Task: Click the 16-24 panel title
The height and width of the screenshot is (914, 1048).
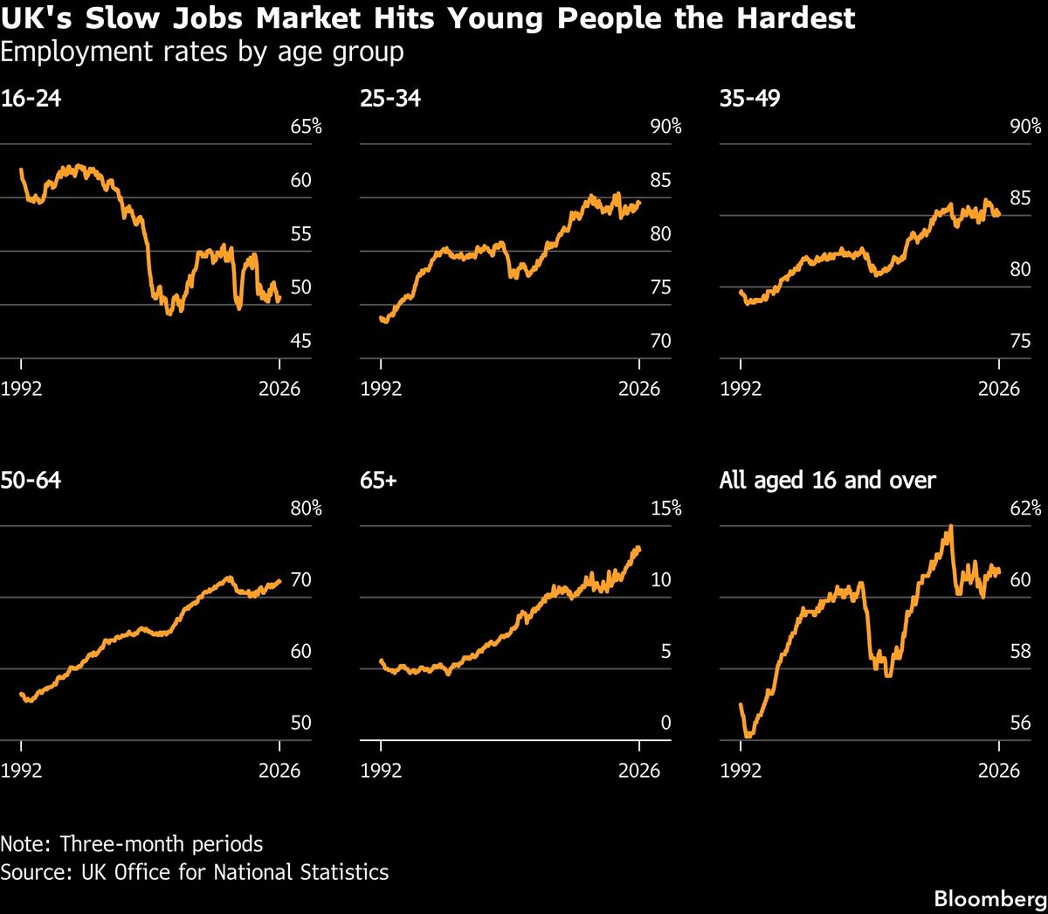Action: (x=31, y=98)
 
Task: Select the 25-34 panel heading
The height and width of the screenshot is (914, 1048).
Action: (x=390, y=98)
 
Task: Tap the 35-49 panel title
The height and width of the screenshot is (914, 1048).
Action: (x=750, y=98)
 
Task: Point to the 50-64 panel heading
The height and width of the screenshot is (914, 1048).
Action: (x=31, y=480)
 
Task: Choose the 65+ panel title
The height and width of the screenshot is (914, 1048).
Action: (x=378, y=480)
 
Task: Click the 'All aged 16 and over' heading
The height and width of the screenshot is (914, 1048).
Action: (x=828, y=481)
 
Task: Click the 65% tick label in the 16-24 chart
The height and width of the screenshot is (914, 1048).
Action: (x=307, y=126)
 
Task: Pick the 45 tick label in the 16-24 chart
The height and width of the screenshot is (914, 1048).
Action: (x=300, y=341)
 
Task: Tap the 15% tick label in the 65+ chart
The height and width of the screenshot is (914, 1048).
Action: (x=665, y=509)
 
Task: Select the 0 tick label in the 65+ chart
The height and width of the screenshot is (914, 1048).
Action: (x=665, y=723)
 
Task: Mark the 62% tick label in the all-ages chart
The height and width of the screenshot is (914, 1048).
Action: (x=1025, y=509)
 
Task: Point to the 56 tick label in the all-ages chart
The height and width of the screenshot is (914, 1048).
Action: (x=1020, y=723)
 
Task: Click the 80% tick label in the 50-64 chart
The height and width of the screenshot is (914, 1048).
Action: (x=307, y=509)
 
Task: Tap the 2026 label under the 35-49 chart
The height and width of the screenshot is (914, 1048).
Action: (x=999, y=389)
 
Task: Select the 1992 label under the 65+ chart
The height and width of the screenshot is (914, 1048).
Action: (x=381, y=771)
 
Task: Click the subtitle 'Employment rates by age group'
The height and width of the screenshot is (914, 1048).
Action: (x=202, y=52)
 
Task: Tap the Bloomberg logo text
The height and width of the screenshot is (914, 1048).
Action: (x=990, y=899)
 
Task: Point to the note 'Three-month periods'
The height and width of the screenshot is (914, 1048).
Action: (x=162, y=844)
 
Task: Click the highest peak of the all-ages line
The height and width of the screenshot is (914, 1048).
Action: (x=951, y=526)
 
